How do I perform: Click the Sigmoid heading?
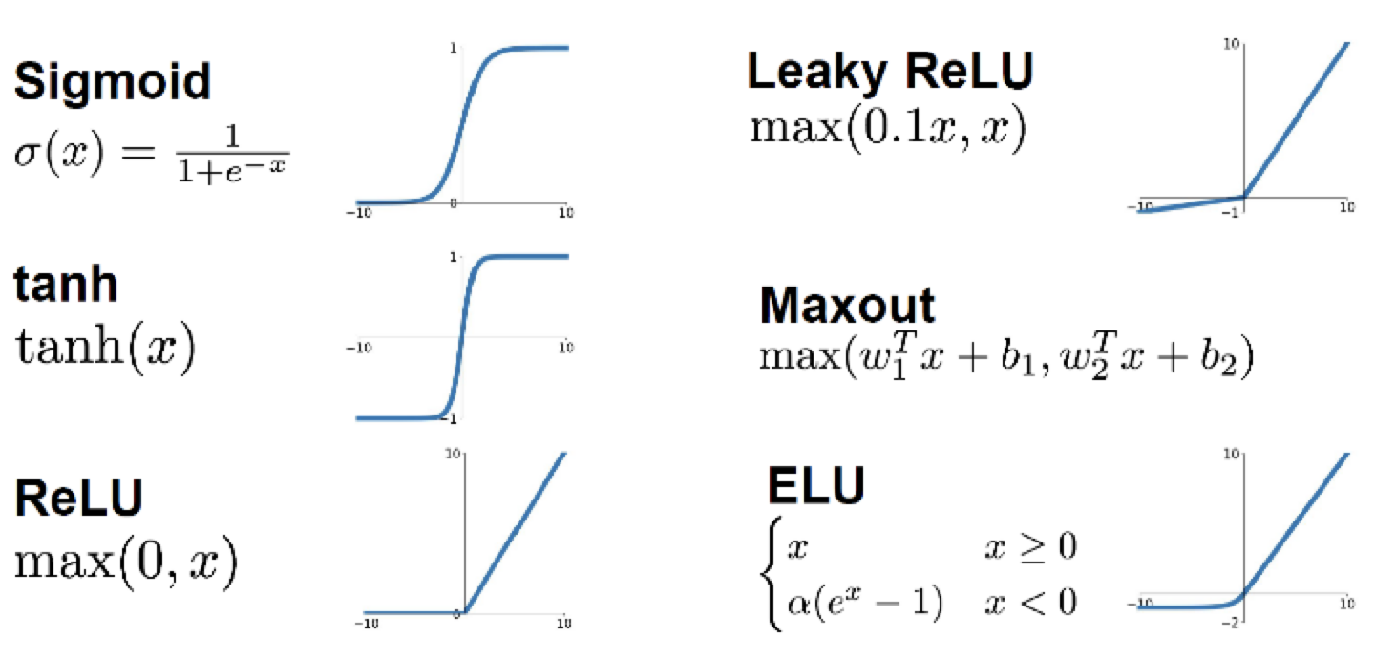pos(112,83)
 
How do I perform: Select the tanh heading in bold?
pos(65,284)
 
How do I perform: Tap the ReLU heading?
pos(79,498)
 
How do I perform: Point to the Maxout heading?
pos(847,306)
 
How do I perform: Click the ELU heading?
pos(816,485)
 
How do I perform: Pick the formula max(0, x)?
pos(125,563)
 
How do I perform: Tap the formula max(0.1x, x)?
pos(888,129)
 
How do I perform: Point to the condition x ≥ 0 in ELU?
pos(1030,547)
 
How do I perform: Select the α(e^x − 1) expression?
pos(862,603)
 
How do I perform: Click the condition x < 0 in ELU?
pos(1030,603)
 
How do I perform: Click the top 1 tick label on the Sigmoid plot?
pos(453,48)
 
